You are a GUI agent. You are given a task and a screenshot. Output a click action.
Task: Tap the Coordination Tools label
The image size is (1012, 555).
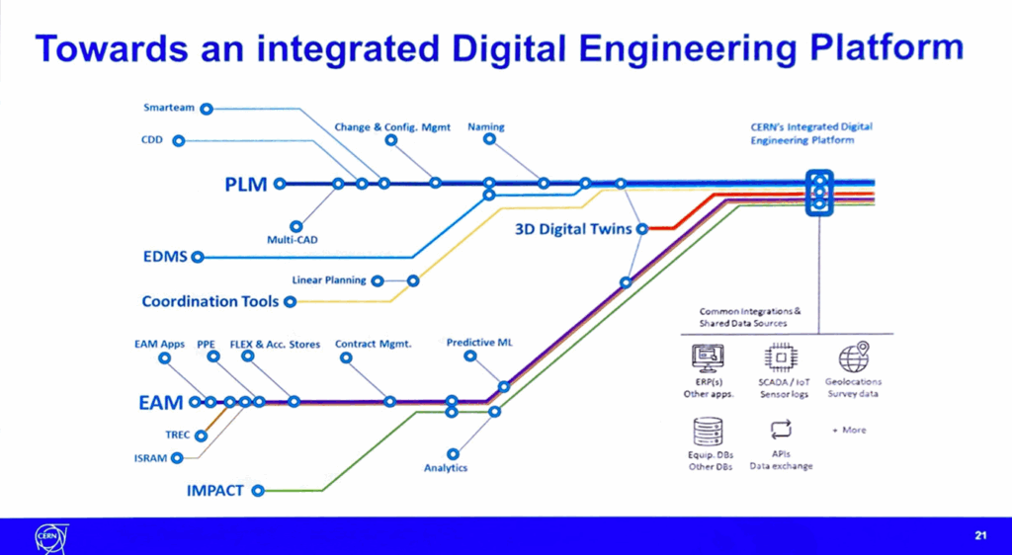point(211,301)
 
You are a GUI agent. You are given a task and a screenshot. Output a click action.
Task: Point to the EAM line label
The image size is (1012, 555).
point(160,402)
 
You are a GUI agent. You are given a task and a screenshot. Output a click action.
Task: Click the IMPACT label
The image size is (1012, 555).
point(214,490)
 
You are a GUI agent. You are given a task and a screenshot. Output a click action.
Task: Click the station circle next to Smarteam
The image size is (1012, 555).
point(208,107)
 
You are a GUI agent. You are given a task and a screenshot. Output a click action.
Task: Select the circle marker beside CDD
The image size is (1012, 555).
point(179,140)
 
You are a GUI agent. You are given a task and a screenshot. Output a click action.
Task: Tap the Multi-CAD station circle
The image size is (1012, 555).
point(296,225)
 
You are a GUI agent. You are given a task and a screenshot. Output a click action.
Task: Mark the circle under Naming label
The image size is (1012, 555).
point(488,140)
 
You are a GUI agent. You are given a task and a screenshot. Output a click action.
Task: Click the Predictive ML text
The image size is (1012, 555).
point(479,343)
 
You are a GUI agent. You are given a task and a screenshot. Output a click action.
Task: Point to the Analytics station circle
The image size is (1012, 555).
point(453,453)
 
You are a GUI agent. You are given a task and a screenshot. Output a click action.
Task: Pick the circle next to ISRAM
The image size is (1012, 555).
point(177,457)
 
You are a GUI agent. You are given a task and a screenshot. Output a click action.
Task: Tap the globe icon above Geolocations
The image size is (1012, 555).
point(853,357)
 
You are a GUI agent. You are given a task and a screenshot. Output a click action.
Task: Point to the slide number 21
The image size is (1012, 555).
point(980,535)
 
